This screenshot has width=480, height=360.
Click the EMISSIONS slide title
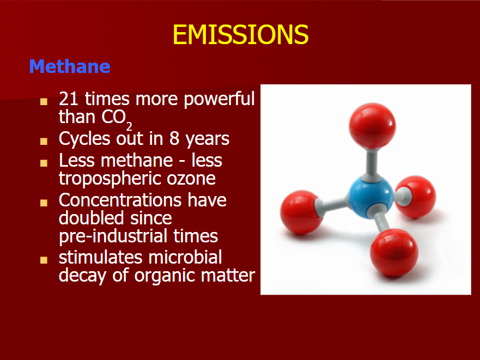241,34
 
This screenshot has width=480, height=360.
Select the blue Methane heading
70,66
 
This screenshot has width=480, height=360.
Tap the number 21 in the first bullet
69,99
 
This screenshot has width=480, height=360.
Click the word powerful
219,100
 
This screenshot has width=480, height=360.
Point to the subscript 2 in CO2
129,126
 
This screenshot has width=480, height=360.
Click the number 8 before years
174,139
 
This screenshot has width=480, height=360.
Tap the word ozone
191,179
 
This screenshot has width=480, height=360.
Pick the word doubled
91,218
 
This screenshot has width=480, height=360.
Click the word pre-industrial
113,236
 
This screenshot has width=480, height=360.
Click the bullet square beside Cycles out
44,141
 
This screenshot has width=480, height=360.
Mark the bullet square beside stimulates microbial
44,260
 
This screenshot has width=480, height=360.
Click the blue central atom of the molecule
370,198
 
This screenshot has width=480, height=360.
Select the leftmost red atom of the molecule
301,212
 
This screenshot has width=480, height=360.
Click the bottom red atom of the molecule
394,253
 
